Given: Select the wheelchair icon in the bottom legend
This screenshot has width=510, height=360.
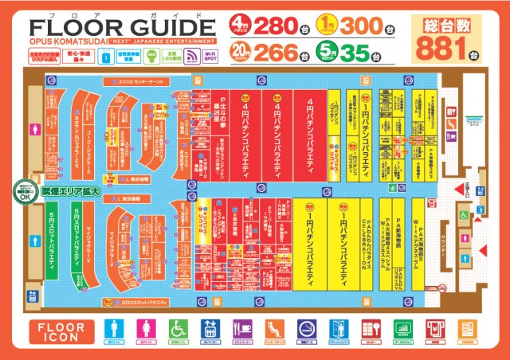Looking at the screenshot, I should point(178,328).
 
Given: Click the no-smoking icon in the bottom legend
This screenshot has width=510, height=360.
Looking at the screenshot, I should point(306,328).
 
